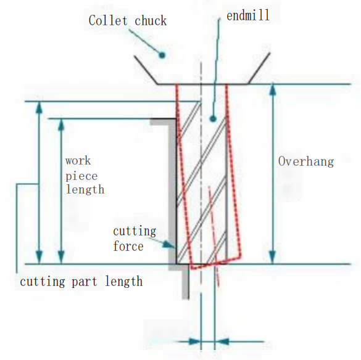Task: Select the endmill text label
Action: [x=248, y=15]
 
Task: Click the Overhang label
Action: [x=305, y=162]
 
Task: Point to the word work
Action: [x=78, y=161]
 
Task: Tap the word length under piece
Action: [x=85, y=189]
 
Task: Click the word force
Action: [x=128, y=246]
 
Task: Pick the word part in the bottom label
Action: [x=86, y=282]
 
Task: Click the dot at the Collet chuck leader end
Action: [x=162, y=55]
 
